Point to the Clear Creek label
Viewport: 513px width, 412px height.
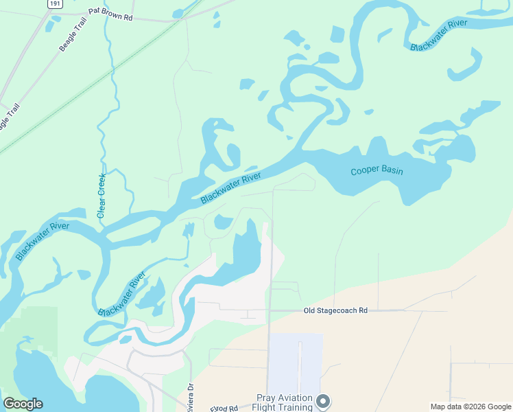pos(102,196)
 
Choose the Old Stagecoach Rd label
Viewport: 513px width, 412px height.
pos(335,311)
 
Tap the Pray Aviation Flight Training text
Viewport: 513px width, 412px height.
pos(285,402)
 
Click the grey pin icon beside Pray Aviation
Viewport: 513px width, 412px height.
pos(324,401)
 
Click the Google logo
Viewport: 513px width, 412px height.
pos(23,404)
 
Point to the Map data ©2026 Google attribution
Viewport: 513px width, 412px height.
pos(470,407)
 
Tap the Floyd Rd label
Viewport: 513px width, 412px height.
pos(225,408)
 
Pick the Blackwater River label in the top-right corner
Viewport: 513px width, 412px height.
pos(438,35)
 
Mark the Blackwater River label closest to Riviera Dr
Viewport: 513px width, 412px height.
pos(122,294)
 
